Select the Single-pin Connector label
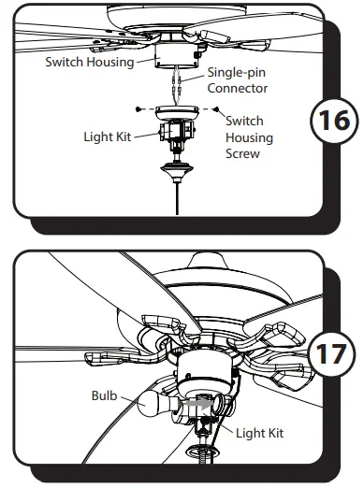point(237,80)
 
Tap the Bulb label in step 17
point(105,395)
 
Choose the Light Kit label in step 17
point(258,433)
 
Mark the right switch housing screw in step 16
point(218,110)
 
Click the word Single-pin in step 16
point(237,73)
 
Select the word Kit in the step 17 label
point(274,433)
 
